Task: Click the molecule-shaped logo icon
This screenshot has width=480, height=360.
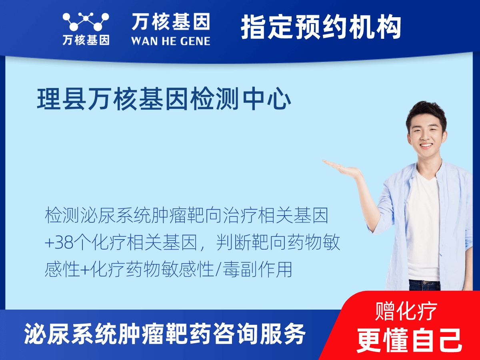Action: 86,22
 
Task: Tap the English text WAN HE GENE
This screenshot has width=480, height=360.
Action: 170,40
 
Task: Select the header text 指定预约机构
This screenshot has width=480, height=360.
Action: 321,27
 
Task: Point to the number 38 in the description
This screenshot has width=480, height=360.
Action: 64,243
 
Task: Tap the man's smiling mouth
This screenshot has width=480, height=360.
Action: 426,146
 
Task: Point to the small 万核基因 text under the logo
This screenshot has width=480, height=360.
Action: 86,40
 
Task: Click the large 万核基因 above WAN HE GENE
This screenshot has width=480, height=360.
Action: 170,22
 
